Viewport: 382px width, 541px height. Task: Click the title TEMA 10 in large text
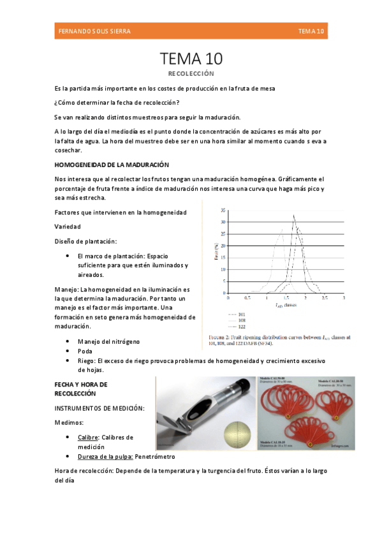(191, 59)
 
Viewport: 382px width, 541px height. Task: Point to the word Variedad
(68, 226)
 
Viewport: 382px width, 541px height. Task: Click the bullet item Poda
(84, 351)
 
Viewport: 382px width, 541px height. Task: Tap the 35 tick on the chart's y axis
(223, 210)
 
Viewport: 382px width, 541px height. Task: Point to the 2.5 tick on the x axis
(325, 298)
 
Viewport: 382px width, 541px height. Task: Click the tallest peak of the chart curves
(293, 216)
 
